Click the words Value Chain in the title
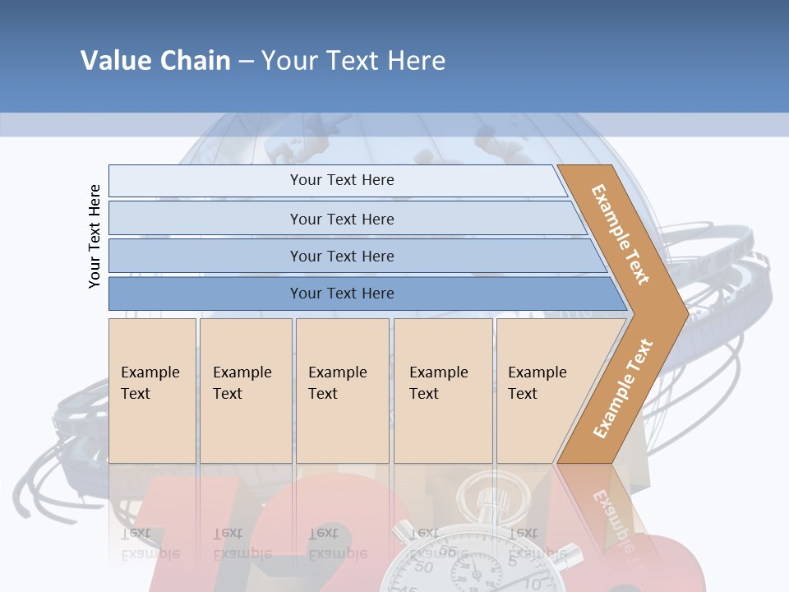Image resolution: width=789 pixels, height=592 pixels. coord(155,61)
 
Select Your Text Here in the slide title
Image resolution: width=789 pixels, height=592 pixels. coord(353,61)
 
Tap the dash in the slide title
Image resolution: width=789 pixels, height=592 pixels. coord(246,62)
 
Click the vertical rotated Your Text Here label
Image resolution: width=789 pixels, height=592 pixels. coord(95,236)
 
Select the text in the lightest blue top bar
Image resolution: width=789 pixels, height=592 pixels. coord(342,180)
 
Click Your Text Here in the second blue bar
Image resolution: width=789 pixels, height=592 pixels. coord(342,220)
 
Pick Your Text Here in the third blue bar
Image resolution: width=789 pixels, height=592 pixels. coord(342,257)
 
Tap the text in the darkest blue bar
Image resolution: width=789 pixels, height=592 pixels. coord(342,294)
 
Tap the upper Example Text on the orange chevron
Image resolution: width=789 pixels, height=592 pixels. coord(621,234)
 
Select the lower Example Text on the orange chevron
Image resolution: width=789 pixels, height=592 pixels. coord(622,389)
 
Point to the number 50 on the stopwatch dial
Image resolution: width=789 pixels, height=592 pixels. coord(423,567)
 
